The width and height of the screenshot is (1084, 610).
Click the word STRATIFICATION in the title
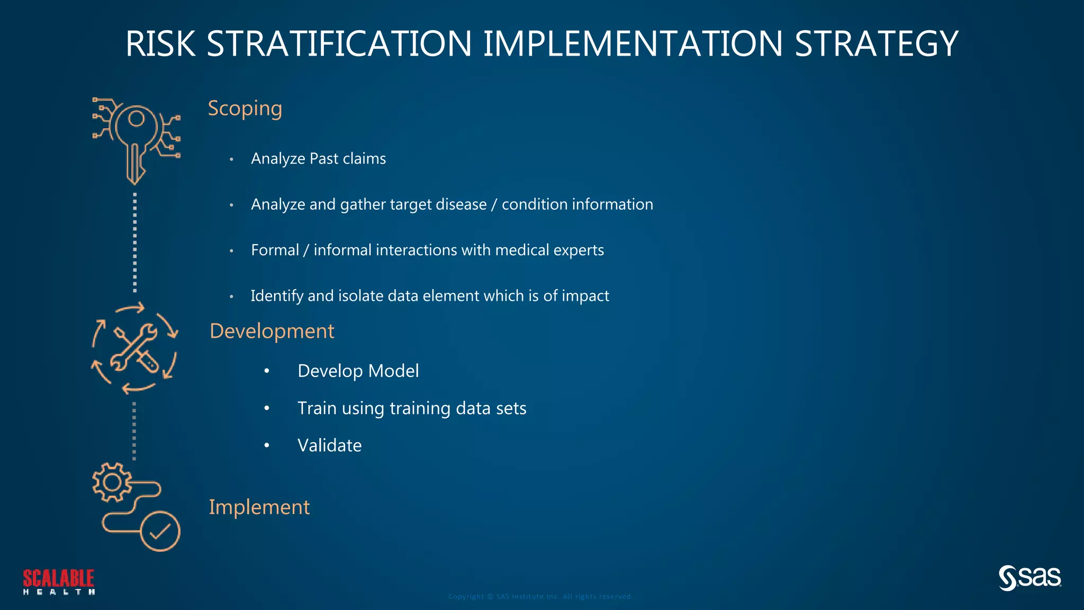(339, 43)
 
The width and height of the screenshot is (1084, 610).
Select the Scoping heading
(245, 109)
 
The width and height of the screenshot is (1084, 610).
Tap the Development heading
(272, 331)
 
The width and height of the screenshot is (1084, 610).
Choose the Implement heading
(259, 507)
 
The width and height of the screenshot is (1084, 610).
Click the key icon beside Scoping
(135, 139)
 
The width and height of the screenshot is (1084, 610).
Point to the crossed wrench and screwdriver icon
(134, 348)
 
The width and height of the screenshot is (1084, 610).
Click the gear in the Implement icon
(112, 482)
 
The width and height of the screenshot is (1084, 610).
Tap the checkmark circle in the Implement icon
(160, 531)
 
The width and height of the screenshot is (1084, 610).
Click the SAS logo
(1029, 578)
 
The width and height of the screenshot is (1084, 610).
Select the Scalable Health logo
(59, 581)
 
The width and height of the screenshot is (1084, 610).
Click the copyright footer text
(540, 597)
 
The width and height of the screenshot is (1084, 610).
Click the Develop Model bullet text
(358, 371)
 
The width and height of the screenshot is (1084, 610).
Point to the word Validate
(329, 445)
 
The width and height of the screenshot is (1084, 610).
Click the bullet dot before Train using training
(267, 408)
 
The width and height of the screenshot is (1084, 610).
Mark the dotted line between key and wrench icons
(135, 243)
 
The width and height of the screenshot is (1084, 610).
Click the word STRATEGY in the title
(876, 43)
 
